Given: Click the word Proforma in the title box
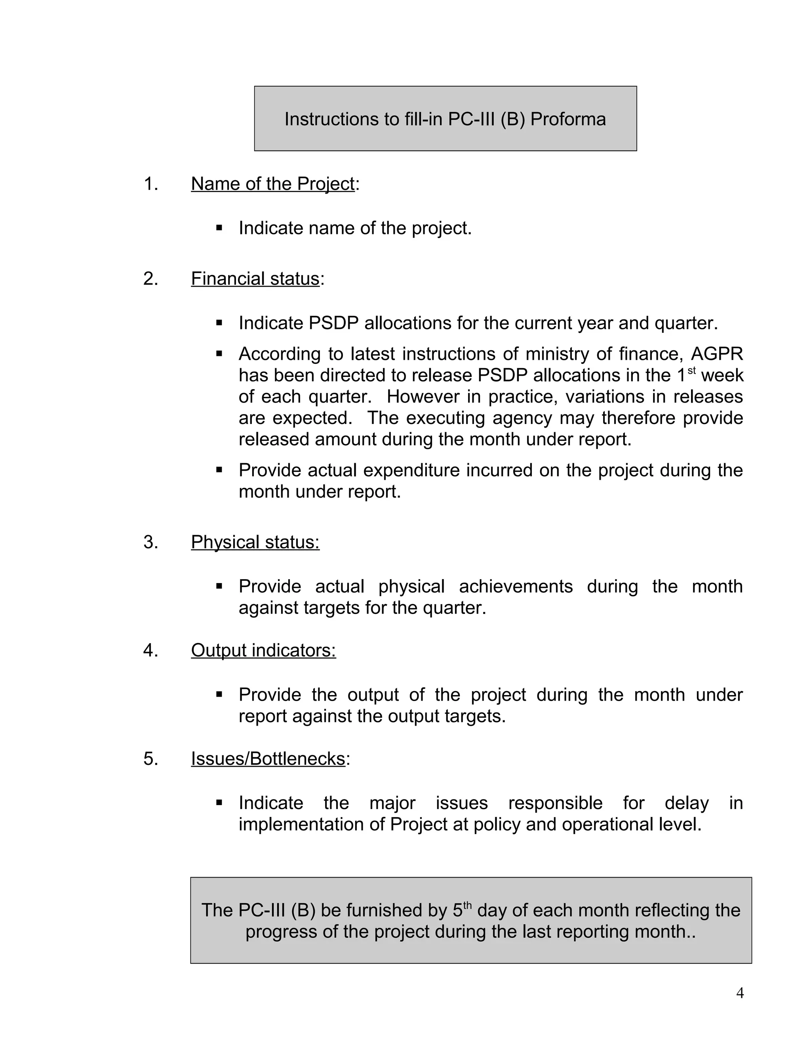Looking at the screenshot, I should tap(568, 119).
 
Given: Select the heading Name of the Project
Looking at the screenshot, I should tap(272, 184).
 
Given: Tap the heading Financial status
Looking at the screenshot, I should tap(255, 279).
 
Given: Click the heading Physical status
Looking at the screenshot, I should tap(255, 542).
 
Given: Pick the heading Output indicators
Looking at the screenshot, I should tap(263, 650).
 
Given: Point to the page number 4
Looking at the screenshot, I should tap(740, 993).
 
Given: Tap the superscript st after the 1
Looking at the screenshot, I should tap(691, 371).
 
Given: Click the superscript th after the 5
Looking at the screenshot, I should tap(468, 905).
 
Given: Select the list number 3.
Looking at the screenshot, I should tap(150, 542).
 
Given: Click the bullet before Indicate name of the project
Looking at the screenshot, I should tap(219, 228).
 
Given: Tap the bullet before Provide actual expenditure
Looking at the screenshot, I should tap(219, 470).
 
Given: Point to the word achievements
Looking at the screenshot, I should tap(516, 587).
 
